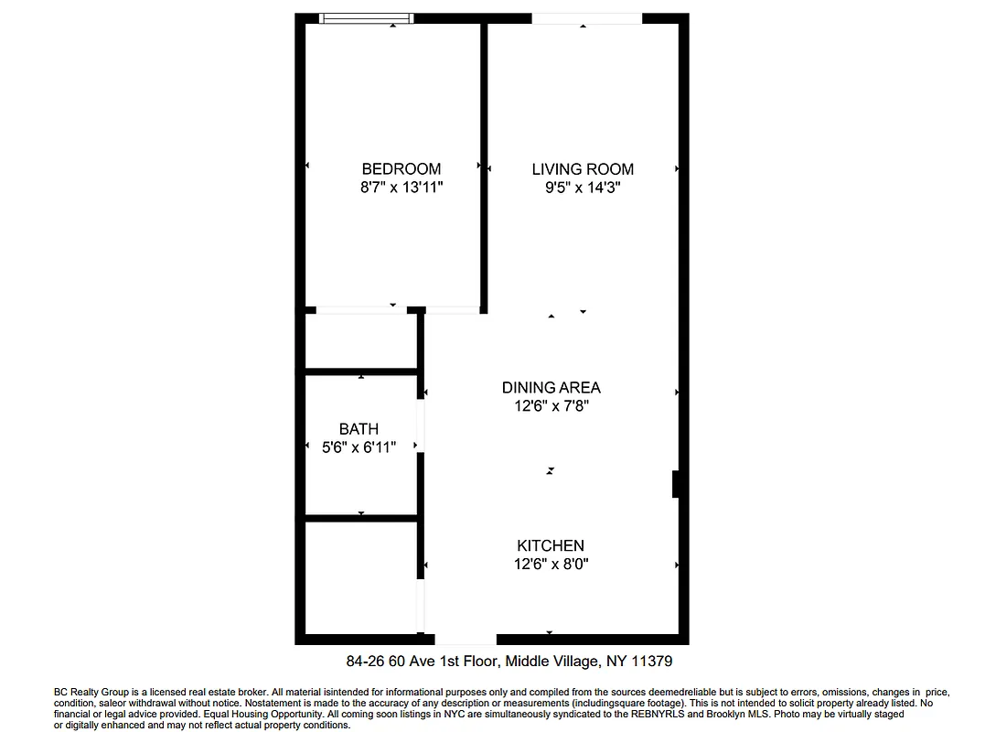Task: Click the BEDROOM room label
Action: click(x=401, y=168)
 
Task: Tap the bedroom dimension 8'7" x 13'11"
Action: click(x=401, y=188)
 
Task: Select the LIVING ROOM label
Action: click(x=583, y=168)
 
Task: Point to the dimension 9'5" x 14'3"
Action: click(x=583, y=188)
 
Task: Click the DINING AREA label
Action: click(x=551, y=387)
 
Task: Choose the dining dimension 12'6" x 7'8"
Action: click(x=551, y=406)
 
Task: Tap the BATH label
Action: click(x=359, y=428)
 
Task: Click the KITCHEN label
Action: click(x=551, y=545)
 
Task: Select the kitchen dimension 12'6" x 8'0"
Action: click(x=551, y=565)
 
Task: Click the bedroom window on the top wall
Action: click(x=365, y=18)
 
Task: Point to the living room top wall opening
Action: click(x=586, y=18)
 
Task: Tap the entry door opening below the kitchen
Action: click(x=466, y=639)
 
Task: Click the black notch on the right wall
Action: click(x=675, y=484)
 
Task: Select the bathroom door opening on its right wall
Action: click(x=421, y=425)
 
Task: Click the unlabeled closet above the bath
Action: click(x=361, y=342)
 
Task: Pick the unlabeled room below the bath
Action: click(x=361, y=576)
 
